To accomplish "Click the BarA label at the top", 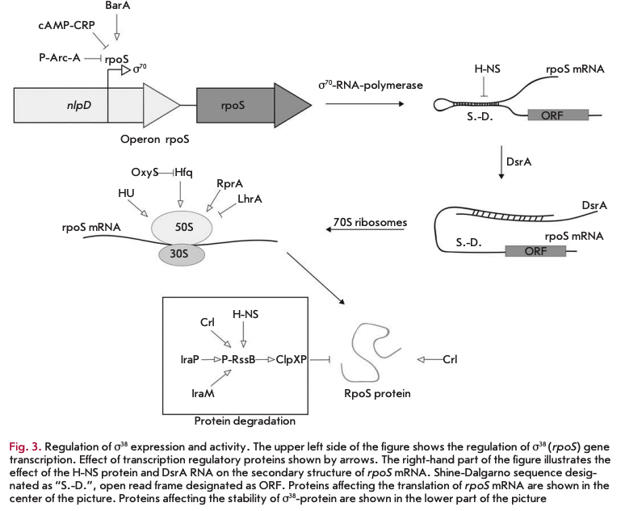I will point(118,6).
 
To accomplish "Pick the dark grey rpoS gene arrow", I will point(246,105).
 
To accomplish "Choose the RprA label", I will point(229,184).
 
